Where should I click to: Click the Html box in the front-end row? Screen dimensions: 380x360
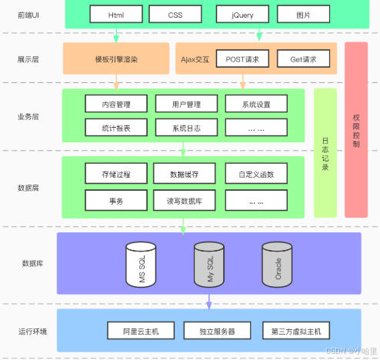[116, 15]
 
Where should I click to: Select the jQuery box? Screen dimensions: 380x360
[242, 15]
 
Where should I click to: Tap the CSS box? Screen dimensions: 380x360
[175, 15]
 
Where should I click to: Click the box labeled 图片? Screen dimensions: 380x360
[303, 15]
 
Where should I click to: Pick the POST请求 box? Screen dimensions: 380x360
[242, 58]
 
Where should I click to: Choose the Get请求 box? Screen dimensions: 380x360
[303, 58]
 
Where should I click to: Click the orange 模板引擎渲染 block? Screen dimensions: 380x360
[116, 58]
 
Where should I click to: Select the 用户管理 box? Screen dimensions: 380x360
[186, 104]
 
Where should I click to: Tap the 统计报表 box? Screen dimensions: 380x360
[116, 128]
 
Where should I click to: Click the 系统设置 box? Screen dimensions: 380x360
[256, 104]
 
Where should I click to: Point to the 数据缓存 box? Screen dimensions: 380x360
[185, 173]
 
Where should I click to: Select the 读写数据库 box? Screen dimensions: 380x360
[185, 200]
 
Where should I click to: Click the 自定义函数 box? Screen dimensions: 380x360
[256, 173]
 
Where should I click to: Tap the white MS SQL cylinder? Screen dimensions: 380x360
[141, 265]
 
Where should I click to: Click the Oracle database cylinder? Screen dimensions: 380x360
[277, 265]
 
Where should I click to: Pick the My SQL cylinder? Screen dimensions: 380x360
[209, 265]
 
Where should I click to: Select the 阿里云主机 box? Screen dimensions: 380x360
[141, 331]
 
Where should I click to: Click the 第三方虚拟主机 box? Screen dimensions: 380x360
[296, 331]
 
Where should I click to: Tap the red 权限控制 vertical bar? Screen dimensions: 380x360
[356, 130]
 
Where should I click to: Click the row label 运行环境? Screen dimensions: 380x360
[32, 332]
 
